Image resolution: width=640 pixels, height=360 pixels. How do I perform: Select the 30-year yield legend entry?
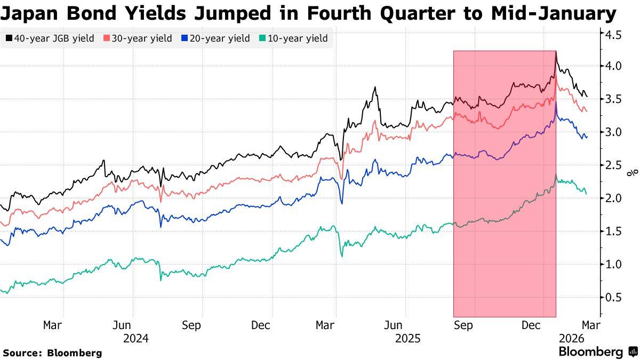[138, 38]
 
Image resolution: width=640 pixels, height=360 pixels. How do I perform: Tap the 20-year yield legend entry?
[215, 38]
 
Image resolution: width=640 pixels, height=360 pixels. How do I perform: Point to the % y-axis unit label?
[632, 172]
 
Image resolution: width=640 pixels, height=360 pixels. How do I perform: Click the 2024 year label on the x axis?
[135, 338]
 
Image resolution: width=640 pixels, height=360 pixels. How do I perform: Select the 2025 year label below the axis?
[407, 338]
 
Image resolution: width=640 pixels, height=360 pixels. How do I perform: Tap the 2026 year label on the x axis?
[572, 338]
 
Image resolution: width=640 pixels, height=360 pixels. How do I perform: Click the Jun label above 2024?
[122, 325]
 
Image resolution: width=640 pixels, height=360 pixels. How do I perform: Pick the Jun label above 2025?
[394, 325]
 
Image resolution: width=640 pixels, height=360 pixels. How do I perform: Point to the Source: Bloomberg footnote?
[52, 353]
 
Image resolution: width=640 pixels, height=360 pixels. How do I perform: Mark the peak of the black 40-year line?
[556, 51]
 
